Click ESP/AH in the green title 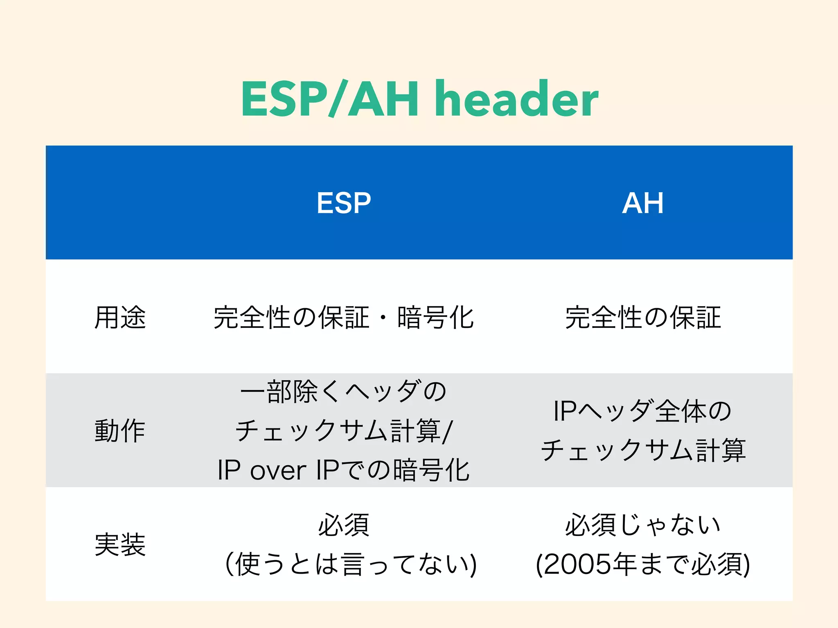[x=330, y=99]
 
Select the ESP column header [x=344, y=203]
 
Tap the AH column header [x=642, y=203]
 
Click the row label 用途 [x=120, y=317]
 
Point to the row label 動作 [x=120, y=431]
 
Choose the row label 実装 [x=120, y=544]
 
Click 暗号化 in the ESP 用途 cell [x=435, y=317]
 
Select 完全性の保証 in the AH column [x=642, y=317]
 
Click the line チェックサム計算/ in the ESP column [x=344, y=431]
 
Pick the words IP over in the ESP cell [x=262, y=470]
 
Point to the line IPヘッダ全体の [x=642, y=411]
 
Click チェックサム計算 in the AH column [x=643, y=450]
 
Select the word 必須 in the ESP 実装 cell [x=344, y=525]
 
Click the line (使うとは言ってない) [x=351, y=564]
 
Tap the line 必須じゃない [x=642, y=525]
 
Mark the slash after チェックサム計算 [x=448, y=431]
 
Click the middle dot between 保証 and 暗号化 [x=383, y=317]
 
